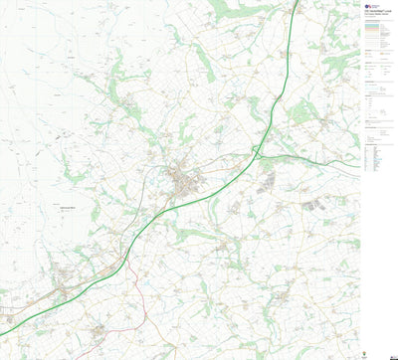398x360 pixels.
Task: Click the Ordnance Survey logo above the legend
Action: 369,7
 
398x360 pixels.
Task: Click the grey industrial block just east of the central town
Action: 267,181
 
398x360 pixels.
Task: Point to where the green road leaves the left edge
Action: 2,334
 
